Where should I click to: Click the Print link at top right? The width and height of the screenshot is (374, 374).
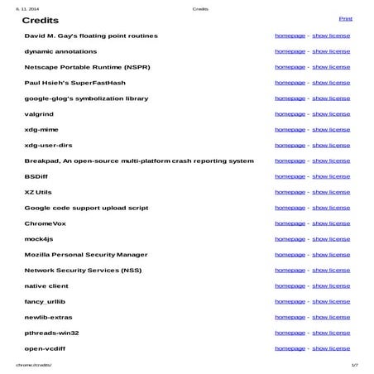[345, 18]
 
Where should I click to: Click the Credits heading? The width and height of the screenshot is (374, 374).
[40, 20]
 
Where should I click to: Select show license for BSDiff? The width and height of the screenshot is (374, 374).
[331, 176]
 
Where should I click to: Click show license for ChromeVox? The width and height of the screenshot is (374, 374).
[331, 223]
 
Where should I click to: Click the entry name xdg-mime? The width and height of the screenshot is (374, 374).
[41, 130]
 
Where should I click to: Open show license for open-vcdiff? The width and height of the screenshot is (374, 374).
[331, 348]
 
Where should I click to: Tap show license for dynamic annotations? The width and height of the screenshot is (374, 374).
[331, 51]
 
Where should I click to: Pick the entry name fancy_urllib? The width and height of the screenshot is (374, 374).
[46, 301]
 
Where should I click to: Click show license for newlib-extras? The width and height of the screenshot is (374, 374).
[331, 317]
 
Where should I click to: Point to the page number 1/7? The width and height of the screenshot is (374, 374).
[354, 364]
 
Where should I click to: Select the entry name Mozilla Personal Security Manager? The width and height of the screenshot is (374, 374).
[86, 255]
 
